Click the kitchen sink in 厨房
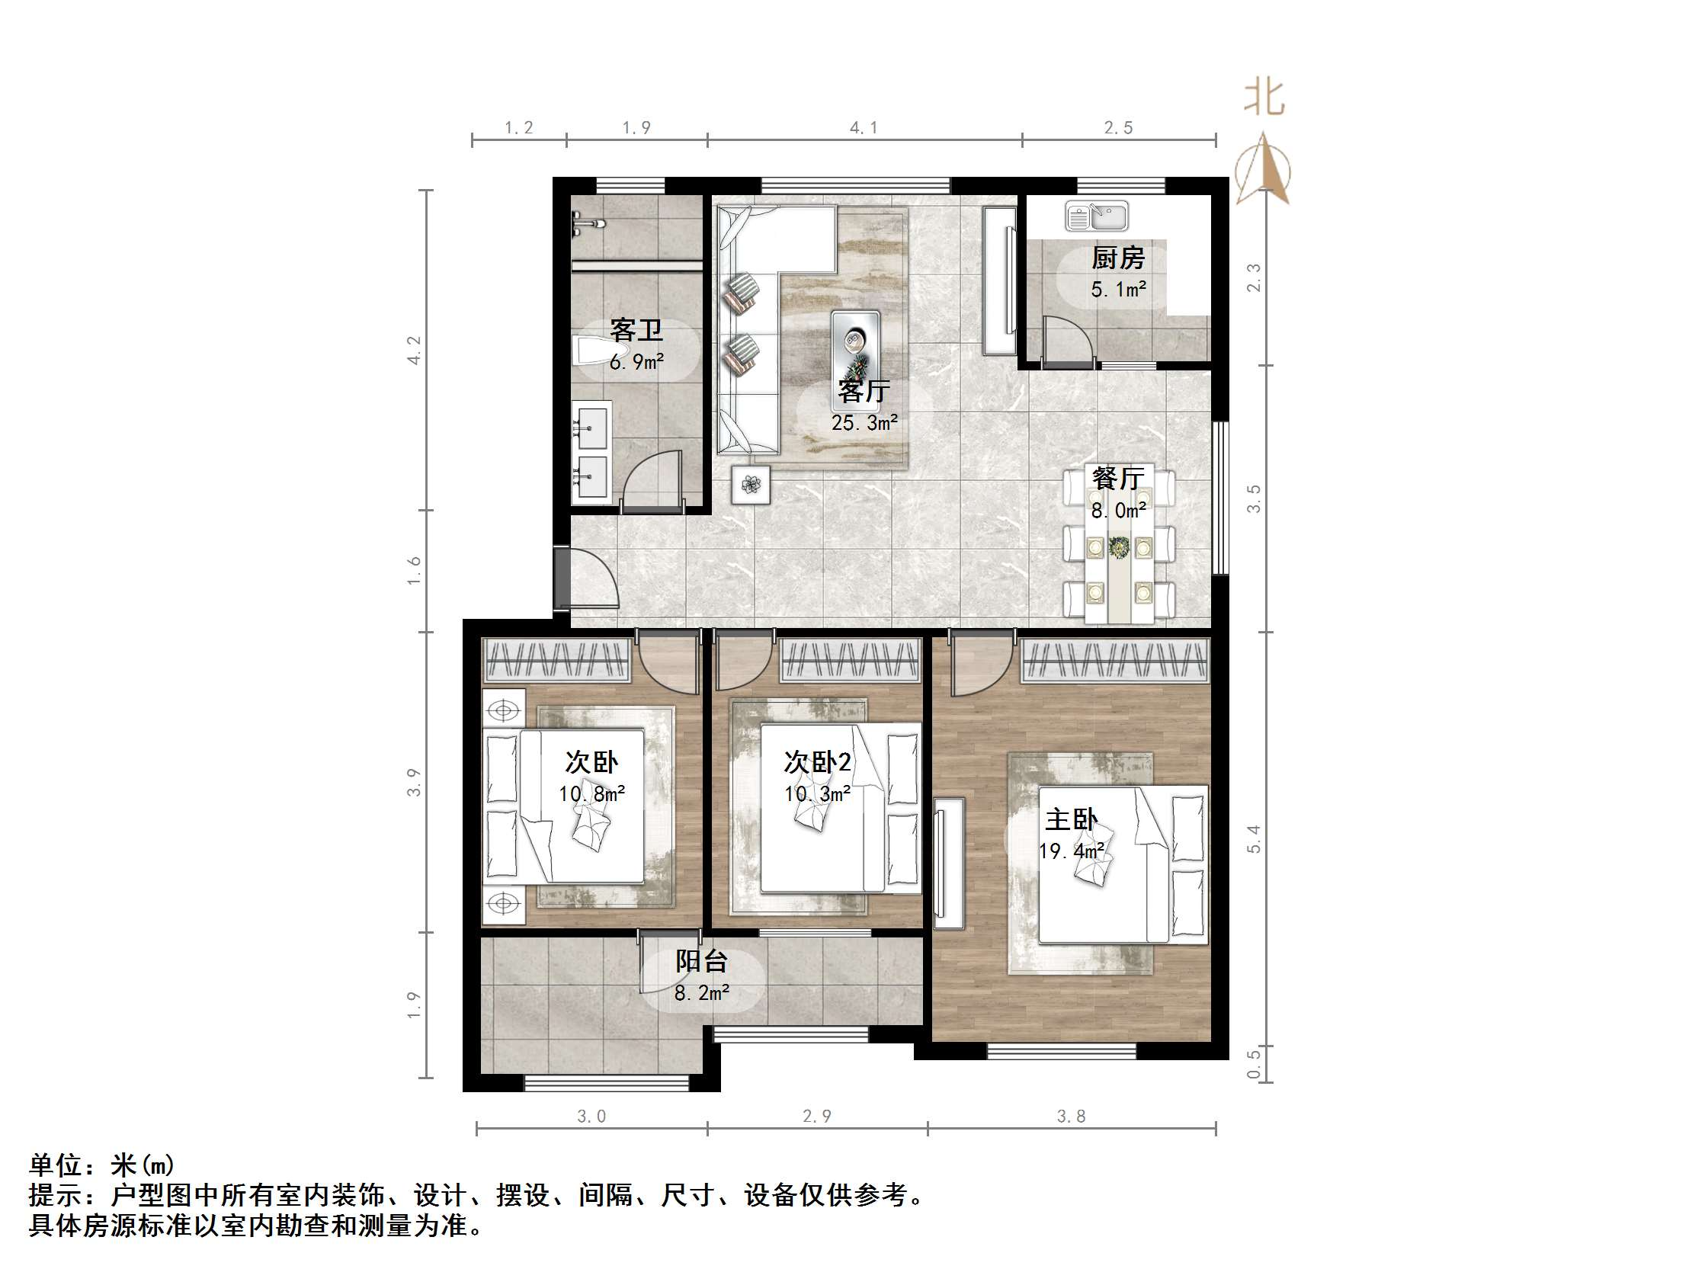pos(1096,216)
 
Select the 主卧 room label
pos(1070,820)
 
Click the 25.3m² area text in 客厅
pos(864,423)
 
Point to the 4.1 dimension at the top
pos(864,128)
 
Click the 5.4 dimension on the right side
pos(1253,839)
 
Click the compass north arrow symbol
pos(1263,170)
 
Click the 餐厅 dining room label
pos(1117,479)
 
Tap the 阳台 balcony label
pos(700,962)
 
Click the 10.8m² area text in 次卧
pos(591,794)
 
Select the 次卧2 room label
pos(817,762)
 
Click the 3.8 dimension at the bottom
pos(1071,1117)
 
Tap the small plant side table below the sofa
pos(751,484)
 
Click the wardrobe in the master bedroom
pos(1114,660)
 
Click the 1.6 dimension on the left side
pos(414,571)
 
